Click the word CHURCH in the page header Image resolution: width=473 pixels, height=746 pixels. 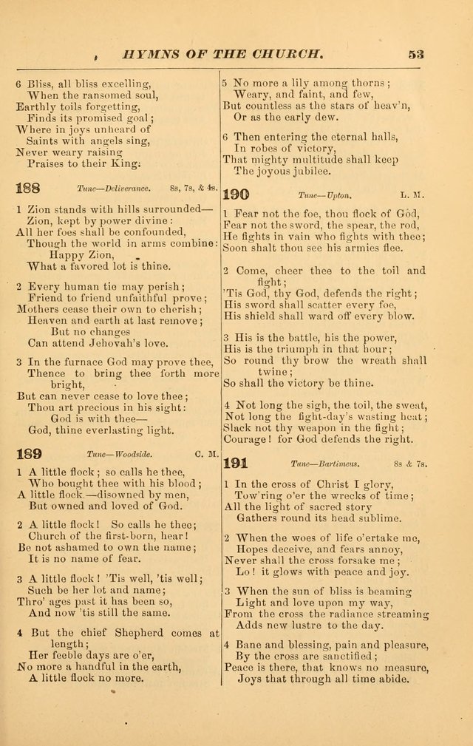(x=285, y=53)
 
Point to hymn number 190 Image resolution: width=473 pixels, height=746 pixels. (x=236, y=194)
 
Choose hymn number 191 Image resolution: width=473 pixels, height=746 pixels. (x=236, y=463)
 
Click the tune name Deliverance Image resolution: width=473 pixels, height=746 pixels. (x=124, y=189)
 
